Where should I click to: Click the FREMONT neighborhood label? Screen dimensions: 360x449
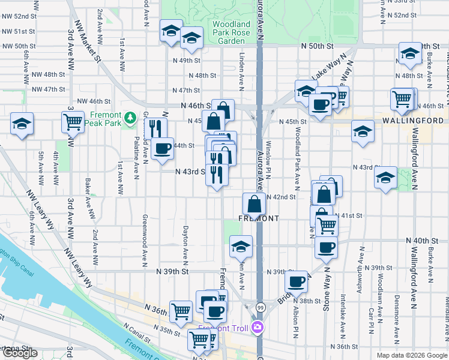(x=259, y=218)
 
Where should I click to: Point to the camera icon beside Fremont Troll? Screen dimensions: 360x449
(x=257, y=328)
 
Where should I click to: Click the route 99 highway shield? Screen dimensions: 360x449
(x=260, y=307)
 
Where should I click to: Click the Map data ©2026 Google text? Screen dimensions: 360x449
(x=411, y=355)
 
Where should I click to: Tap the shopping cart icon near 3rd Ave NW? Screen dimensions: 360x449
(x=73, y=122)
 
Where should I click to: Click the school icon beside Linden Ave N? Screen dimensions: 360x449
(x=241, y=246)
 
